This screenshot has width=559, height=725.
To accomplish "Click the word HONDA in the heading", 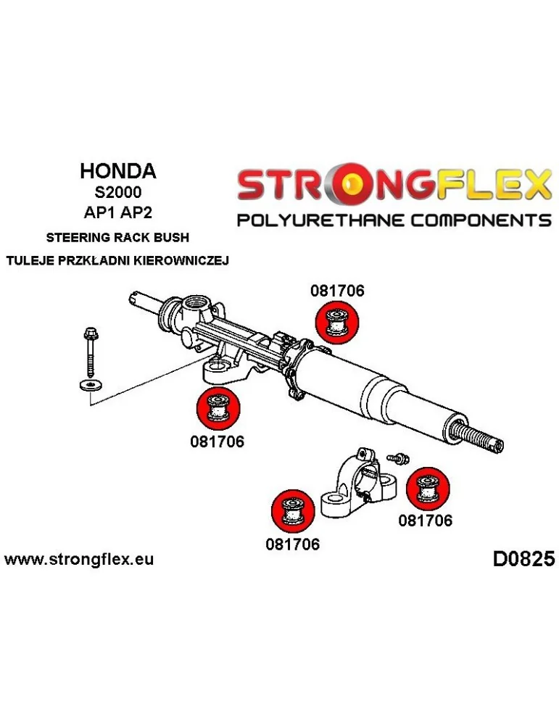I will coord(117,171).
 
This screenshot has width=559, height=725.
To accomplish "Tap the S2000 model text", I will coord(117,194).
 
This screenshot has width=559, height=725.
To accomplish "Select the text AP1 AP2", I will coord(117,215).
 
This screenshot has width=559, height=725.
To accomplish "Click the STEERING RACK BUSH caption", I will coord(117,237).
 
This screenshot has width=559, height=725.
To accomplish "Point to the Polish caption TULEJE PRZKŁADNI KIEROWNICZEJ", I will coord(117,261).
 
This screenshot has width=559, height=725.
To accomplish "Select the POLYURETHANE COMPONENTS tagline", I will coord(395,220).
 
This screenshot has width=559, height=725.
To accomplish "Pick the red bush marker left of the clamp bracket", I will coord(291,510).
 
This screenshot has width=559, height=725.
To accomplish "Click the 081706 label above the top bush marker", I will coord(337,291).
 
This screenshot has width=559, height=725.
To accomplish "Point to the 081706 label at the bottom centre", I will coord(293,543).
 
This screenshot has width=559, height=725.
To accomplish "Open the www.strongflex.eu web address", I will coord(79,559).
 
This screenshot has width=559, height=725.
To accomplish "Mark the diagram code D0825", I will coord(523,559).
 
